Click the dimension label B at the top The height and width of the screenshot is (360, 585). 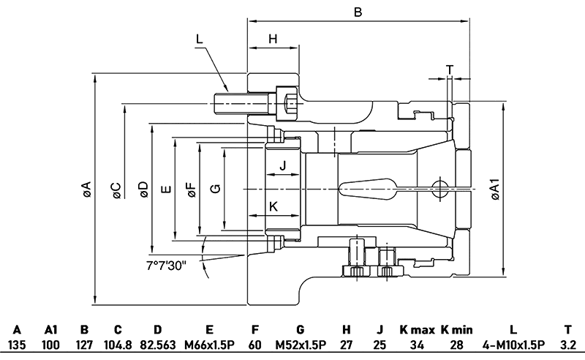[358, 12]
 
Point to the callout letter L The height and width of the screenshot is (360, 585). [200, 39]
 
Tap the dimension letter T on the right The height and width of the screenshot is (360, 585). [450, 70]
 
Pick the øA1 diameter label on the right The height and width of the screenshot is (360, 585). [494, 190]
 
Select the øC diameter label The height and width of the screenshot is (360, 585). [115, 190]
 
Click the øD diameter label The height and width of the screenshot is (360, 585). [142, 190]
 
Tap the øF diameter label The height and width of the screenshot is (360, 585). [192, 190]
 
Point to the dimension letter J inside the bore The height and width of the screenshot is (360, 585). [283, 166]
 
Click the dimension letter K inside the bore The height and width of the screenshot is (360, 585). [273, 207]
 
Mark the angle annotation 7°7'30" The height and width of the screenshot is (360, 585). [166, 264]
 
